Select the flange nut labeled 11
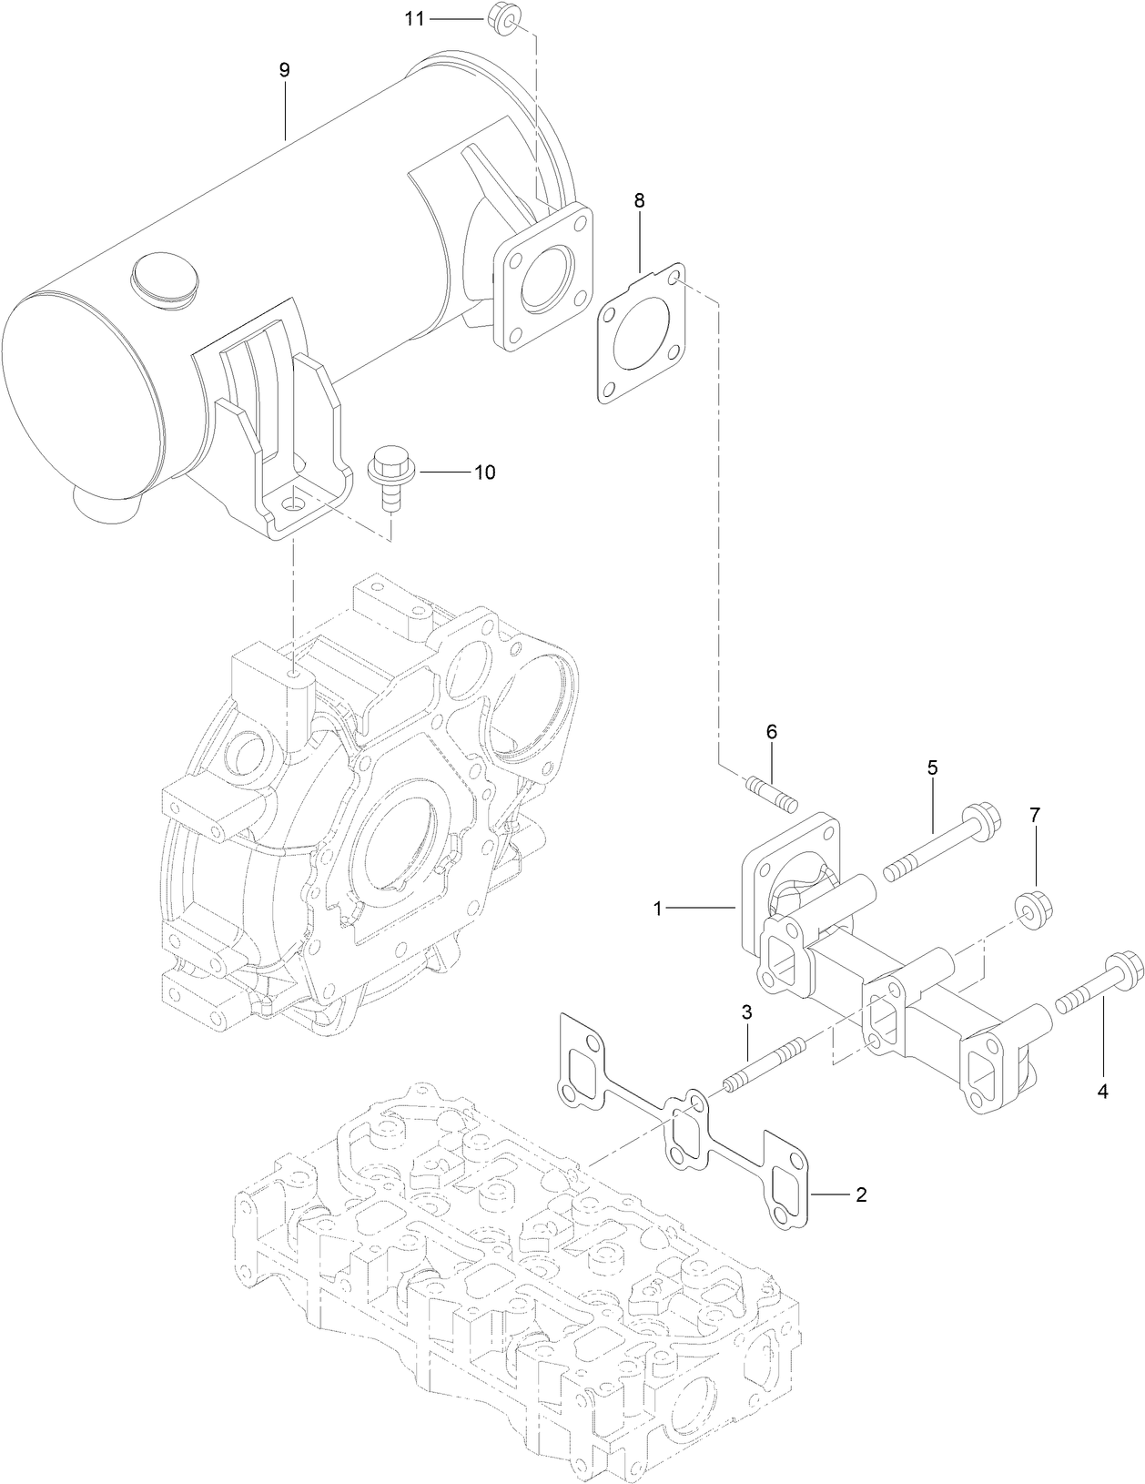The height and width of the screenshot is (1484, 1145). [x=503, y=17]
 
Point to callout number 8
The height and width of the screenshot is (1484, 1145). [x=640, y=201]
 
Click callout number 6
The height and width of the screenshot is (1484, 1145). [x=771, y=732]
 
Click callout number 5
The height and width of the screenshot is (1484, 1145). [x=932, y=767]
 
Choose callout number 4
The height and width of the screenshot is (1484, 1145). [x=1102, y=1093]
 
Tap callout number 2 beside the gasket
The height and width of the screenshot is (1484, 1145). [x=860, y=1194]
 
